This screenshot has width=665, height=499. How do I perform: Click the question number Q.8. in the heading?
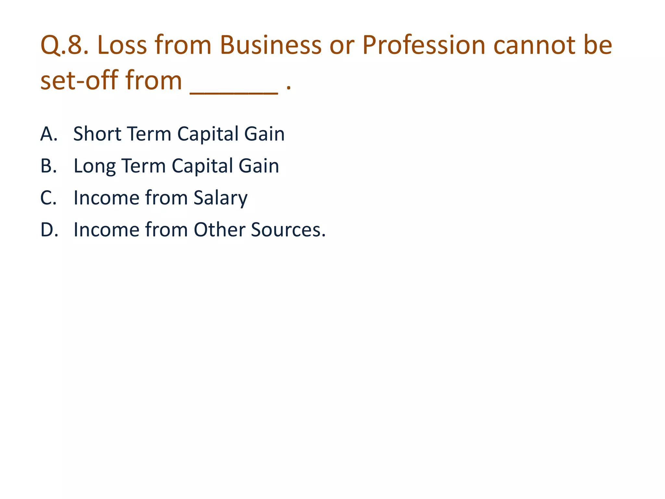point(65,45)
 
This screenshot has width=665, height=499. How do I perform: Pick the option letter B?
point(48,166)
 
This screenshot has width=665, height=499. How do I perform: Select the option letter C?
point(48,198)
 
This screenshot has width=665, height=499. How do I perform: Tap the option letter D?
point(49,230)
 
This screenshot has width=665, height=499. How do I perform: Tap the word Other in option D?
point(220,230)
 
